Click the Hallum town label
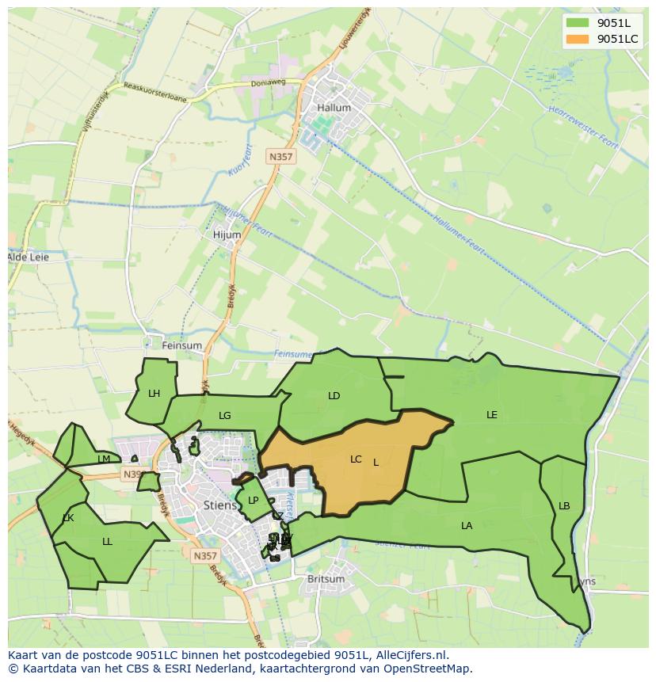[x=333, y=108]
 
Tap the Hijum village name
[x=227, y=235]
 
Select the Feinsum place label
[x=181, y=345]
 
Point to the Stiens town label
[x=219, y=505]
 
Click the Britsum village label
[x=326, y=579]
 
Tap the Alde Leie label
[x=28, y=257]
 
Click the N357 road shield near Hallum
[x=280, y=157]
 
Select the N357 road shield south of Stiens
[x=204, y=556]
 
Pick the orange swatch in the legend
[x=578, y=39]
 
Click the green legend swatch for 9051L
[x=578, y=23]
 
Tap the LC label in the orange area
[x=356, y=459]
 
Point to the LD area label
[x=334, y=395]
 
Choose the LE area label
[x=492, y=414]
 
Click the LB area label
[x=564, y=506]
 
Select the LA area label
[x=467, y=525]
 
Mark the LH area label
[x=154, y=393]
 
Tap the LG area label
[x=225, y=415]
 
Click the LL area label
[x=107, y=542]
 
